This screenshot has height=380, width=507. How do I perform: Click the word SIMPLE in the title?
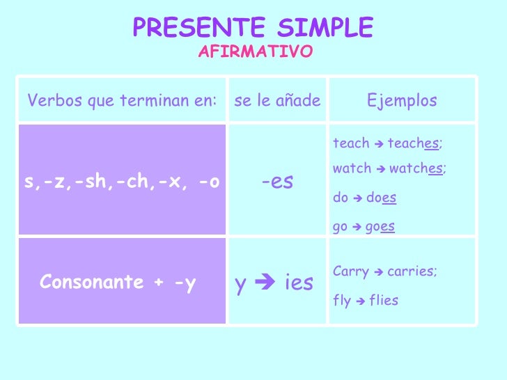point(325,28)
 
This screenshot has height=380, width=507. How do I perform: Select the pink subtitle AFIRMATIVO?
point(256,52)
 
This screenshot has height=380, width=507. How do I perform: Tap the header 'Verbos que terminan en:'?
point(122,101)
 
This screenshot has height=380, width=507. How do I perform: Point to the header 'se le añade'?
point(277,101)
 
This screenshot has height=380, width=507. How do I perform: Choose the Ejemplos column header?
point(402,101)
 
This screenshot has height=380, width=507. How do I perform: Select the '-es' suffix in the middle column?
point(277,182)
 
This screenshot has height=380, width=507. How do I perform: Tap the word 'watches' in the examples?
point(416,169)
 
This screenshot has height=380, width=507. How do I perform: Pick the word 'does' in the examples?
point(382,198)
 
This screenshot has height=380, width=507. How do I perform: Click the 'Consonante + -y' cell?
point(118,283)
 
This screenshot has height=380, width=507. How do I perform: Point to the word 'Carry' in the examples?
point(350,271)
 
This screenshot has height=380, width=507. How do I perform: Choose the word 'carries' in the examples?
point(411,271)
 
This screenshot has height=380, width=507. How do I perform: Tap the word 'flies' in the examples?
point(384,301)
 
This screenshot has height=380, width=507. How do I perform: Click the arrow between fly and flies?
point(359,301)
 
